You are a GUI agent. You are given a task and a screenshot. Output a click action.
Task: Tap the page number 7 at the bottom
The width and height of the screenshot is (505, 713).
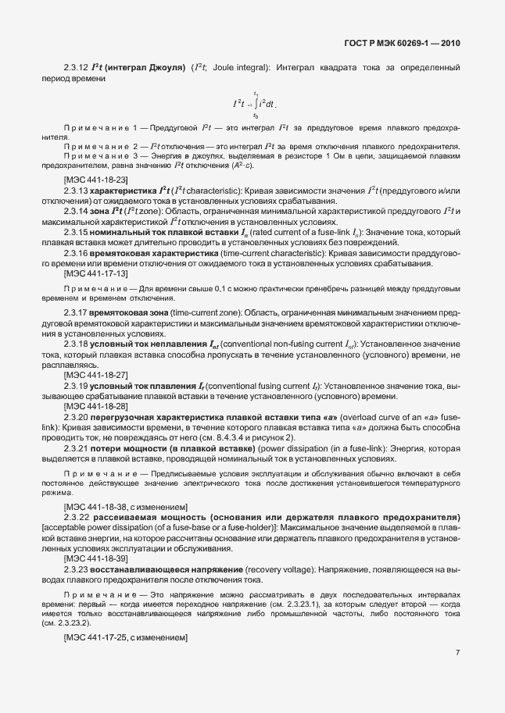[x=457, y=653]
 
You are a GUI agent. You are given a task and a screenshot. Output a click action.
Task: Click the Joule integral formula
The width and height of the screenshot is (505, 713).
[x=253, y=103]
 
